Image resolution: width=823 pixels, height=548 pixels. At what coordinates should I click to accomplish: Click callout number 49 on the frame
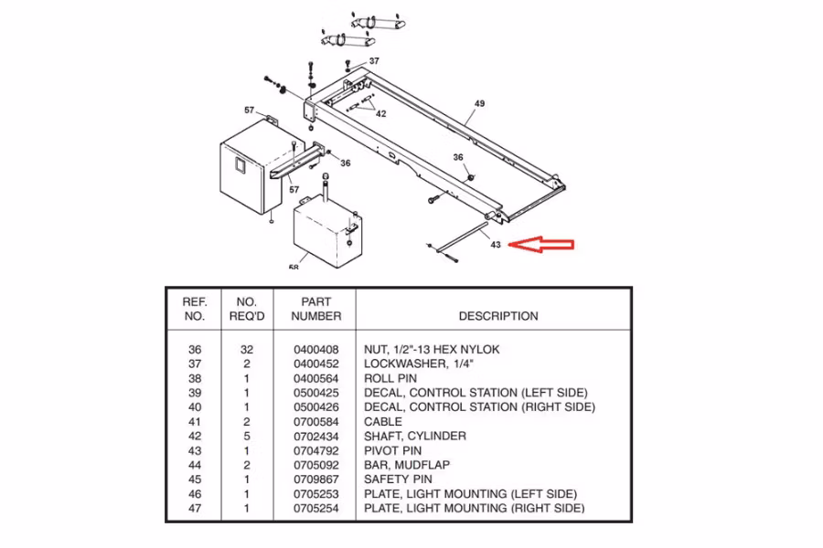pyautogui.click(x=478, y=104)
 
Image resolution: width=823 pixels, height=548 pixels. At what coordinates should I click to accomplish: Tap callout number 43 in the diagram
pyautogui.click(x=495, y=245)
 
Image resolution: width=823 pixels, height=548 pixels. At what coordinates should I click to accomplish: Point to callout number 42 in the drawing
pyautogui.click(x=380, y=114)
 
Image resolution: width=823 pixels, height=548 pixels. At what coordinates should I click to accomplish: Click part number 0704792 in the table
pyautogui.click(x=315, y=450)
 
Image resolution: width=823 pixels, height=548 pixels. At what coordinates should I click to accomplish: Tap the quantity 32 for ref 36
pyautogui.click(x=247, y=349)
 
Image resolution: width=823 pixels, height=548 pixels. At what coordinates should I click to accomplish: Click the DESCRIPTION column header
pyautogui.click(x=498, y=316)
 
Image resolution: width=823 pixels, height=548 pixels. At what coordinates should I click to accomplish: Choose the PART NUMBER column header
pyautogui.click(x=316, y=309)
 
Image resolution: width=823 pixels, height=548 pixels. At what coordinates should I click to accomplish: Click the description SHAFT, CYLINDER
pyautogui.click(x=415, y=436)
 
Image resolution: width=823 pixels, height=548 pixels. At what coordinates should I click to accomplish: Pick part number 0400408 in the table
pyautogui.click(x=315, y=349)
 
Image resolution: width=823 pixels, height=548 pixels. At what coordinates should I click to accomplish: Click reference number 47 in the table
pyautogui.click(x=194, y=508)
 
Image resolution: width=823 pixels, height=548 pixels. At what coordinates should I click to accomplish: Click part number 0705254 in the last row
pyautogui.click(x=315, y=508)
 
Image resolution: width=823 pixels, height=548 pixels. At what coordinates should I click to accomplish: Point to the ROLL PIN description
pyautogui.click(x=390, y=378)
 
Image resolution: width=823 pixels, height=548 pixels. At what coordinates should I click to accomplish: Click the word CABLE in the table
pyautogui.click(x=383, y=422)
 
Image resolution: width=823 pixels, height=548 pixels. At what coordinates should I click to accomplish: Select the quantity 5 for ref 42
pyautogui.click(x=247, y=436)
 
